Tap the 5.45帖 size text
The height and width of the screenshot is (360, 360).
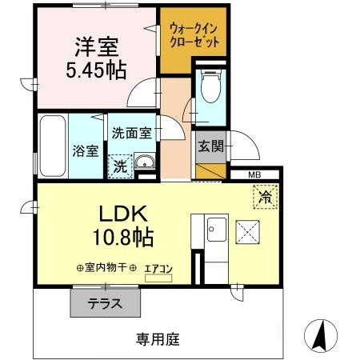(95, 70)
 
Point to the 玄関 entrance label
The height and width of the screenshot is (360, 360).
(211, 146)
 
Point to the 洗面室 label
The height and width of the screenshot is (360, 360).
(131, 134)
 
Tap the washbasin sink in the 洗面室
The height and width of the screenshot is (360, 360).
(145, 165)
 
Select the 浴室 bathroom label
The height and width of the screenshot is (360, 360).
(83, 149)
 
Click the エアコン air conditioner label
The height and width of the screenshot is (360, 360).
(158, 269)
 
